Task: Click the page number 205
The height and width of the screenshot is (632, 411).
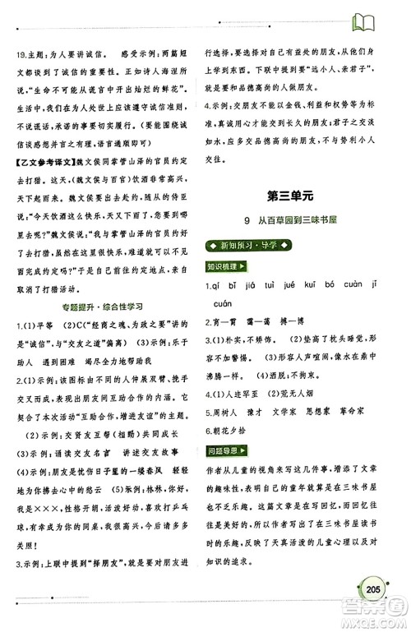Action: click(x=367, y=589)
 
